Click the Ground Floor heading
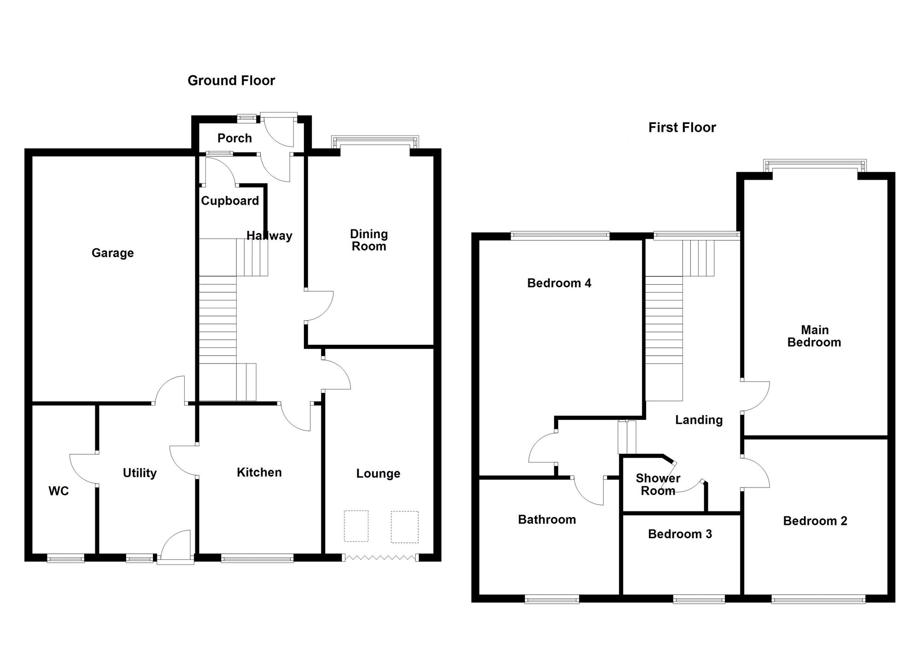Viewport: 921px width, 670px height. pyautogui.click(x=231, y=81)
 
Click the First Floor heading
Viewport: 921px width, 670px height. pyautogui.click(x=682, y=127)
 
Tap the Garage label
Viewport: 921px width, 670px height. pyautogui.click(x=113, y=253)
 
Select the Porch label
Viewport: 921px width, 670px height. pyautogui.click(x=234, y=138)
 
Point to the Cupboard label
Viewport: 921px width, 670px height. pyautogui.click(x=230, y=201)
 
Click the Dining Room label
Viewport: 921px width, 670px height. pyautogui.click(x=369, y=240)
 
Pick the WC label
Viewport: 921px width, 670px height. pyautogui.click(x=58, y=491)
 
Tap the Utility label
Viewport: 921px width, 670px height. pyautogui.click(x=140, y=473)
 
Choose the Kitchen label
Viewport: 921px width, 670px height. pyautogui.click(x=259, y=472)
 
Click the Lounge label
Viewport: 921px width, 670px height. pyautogui.click(x=378, y=474)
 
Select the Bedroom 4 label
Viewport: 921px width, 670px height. pyautogui.click(x=559, y=283)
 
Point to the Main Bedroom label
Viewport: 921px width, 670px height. pyautogui.click(x=814, y=336)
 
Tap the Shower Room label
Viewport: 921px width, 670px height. pyautogui.click(x=658, y=485)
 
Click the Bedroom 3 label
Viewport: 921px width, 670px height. pyautogui.click(x=680, y=534)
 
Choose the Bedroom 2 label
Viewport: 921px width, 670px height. pyautogui.click(x=815, y=521)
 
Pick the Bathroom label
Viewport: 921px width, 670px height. pyautogui.click(x=547, y=520)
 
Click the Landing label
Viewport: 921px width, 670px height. pyautogui.click(x=699, y=420)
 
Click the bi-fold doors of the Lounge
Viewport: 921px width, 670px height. pyautogui.click(x=380, y=558)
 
